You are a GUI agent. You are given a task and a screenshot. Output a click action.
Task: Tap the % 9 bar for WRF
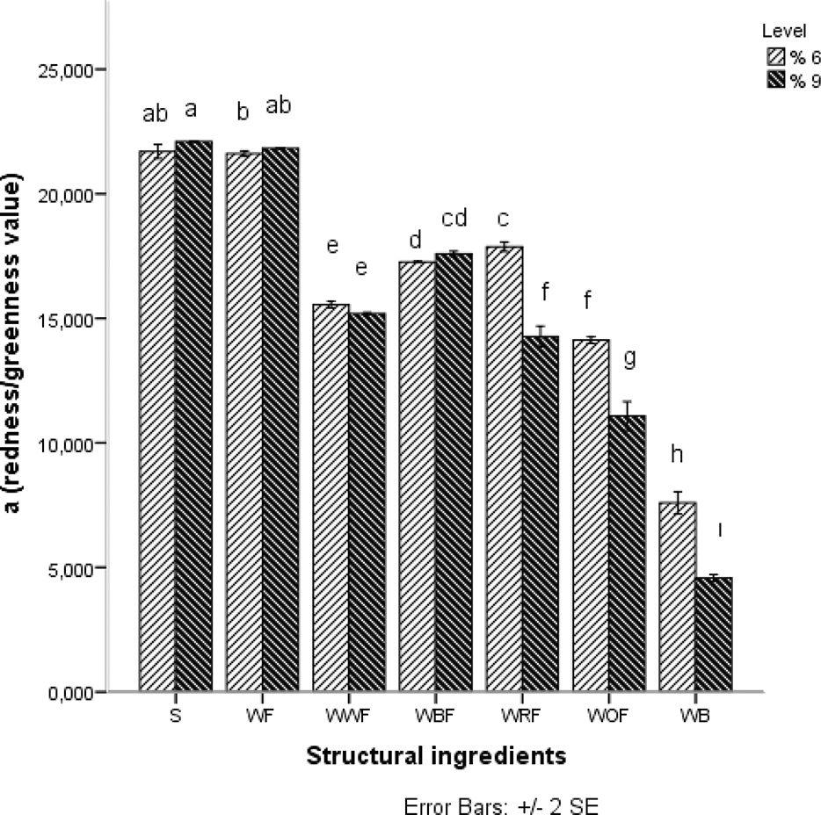coord(540,514)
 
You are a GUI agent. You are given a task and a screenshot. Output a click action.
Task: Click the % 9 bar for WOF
coord(626,553)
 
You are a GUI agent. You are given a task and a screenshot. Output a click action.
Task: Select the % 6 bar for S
coord(157,422)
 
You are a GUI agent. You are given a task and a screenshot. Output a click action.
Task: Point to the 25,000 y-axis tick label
coord(69,69)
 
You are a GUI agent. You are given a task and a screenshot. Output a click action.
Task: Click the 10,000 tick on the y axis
coord(69,444)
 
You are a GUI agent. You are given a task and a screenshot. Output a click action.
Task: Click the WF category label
coord(262,716)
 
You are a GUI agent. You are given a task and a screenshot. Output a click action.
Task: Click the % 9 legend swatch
coord(774,80)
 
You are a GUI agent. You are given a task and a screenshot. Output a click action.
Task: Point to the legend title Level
coord(779,32)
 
